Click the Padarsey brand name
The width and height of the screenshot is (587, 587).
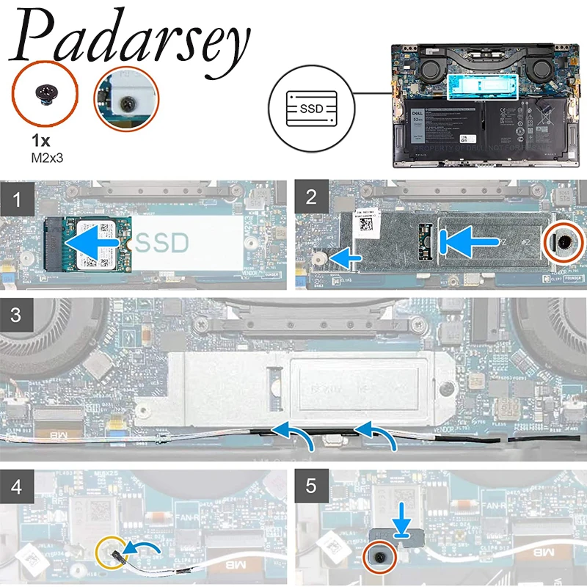coord(132,40)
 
